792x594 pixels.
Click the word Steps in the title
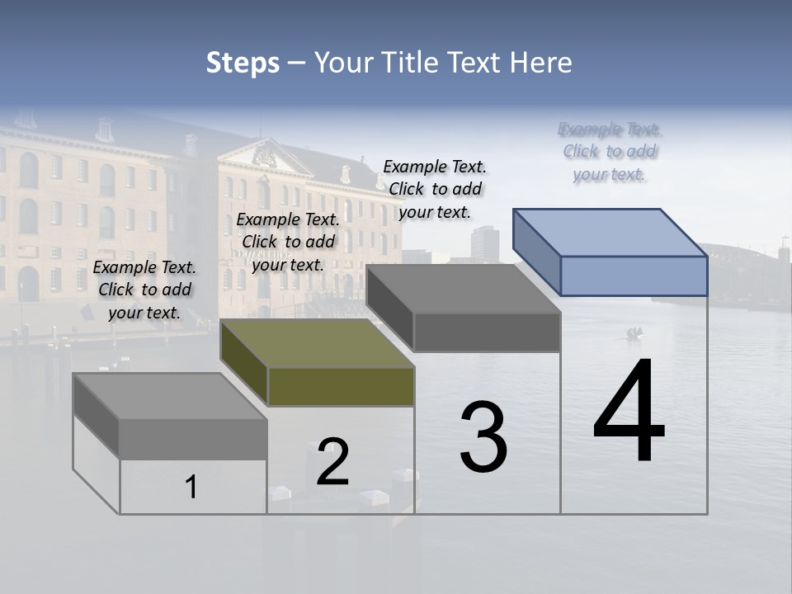(x=243, y=63)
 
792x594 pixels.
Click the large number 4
(x=629, y=412)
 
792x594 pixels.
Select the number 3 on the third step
(x=483, y=437)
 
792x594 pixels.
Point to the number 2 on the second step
(x=333, y=462)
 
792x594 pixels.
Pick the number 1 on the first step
(x=191, y=487)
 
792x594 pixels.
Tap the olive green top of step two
(x=318, y=343)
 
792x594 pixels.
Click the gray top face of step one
(x=170, y=396)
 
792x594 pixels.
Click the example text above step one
(x=144, y=290)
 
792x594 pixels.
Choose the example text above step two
(x=288, y=242)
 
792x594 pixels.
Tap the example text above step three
(x=435, y=189)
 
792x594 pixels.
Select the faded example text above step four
(x=610, y=152)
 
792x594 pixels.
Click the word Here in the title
(x=540, y=63)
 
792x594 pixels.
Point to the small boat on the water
(x=634, y=333)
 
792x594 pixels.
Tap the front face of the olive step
(x=341, y=387)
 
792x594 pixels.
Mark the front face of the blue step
(x=634, y=276)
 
